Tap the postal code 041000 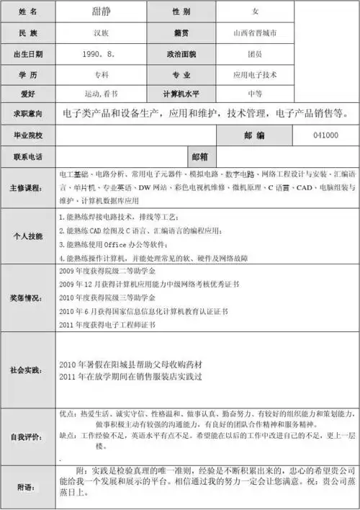pos(326,135)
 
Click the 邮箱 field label pos(199,156)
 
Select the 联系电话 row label pos(28,156)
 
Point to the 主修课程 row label pos(28,187)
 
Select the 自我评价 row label pos(28,436)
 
